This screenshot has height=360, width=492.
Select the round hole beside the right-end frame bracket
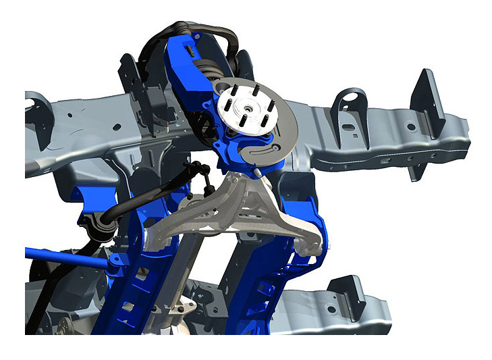[x=409, y=126]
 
